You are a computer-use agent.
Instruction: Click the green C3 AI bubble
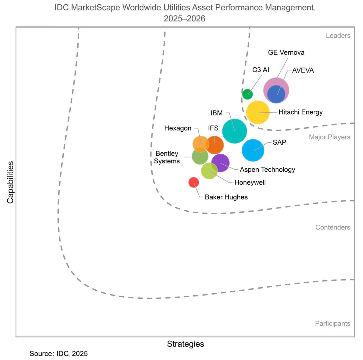(247, 94)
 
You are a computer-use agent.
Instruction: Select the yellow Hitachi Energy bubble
(258, 112)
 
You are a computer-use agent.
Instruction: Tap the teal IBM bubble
(235, 131)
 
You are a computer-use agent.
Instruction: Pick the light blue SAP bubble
(253, 150)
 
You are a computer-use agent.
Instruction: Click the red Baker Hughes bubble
(194, 182)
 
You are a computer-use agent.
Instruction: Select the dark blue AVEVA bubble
(276, 94)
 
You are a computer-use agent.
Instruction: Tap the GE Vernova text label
(286, 52)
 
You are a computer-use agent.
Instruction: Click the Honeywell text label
(250, 182)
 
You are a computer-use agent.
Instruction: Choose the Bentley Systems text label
(167, 157)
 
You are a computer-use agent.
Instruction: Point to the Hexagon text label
(178, 128)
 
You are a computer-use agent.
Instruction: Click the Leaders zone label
(338, 36)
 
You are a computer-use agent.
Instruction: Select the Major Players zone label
(330, 137)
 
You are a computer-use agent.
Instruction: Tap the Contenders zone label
(333, 227)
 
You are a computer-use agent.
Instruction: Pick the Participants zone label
(332, 323)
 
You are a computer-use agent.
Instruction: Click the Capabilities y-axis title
(10, 182)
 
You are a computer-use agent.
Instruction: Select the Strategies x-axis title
(185, 344)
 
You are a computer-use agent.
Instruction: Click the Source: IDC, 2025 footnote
(59, 353)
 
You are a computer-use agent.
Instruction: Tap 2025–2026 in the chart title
(184, 18)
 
